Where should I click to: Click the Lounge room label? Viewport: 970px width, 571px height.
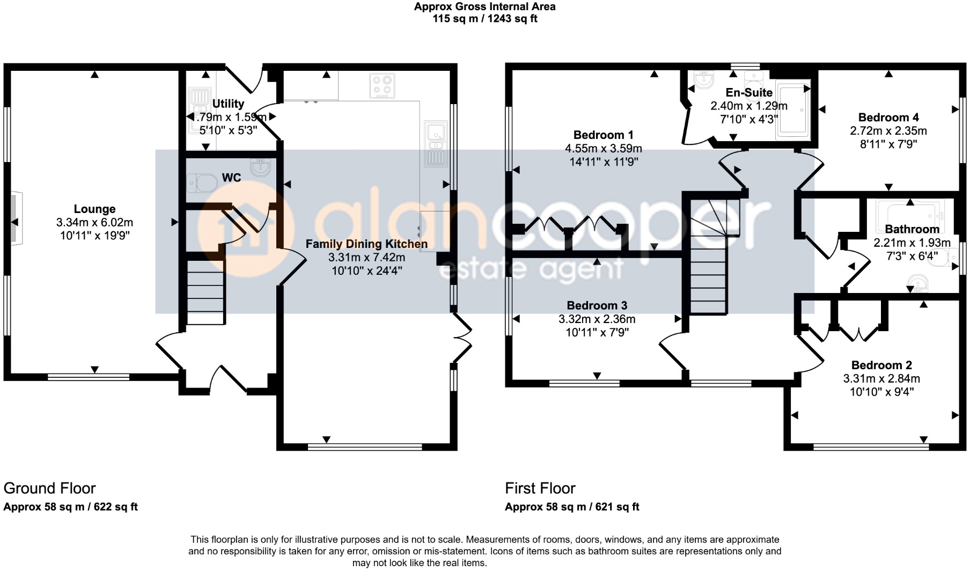94,209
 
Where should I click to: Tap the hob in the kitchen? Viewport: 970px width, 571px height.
381,86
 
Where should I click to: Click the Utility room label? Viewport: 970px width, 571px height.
228,104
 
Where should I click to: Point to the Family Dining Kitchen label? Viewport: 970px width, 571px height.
366,244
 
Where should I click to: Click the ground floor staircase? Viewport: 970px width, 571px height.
205,290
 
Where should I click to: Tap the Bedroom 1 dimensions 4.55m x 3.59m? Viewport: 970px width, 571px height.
603,149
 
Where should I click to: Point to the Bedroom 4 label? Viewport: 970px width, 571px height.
888,118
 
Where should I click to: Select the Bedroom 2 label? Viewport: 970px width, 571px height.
881,365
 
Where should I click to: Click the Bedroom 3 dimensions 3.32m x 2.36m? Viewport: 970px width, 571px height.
597,319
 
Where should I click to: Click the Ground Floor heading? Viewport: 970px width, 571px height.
49,488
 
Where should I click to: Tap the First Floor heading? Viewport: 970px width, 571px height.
540,488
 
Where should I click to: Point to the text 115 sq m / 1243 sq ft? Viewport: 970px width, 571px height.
484,19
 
